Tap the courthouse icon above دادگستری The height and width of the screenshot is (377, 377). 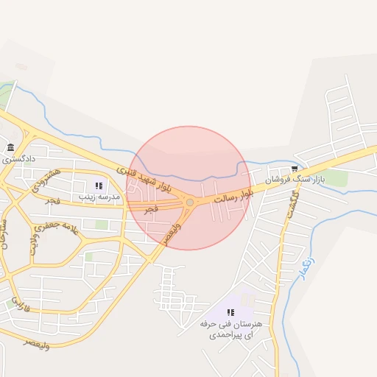[x=10, y=147]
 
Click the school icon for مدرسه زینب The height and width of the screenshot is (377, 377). [x=99, y=186]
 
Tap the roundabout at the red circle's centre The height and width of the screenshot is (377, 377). [x=190, y=202]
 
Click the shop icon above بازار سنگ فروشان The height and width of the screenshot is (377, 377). [x=295, y=169]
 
